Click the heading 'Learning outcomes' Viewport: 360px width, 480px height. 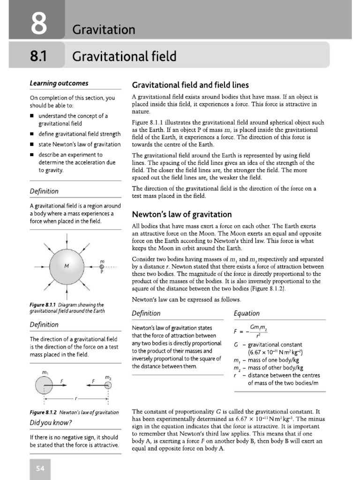click(x=59, y=83)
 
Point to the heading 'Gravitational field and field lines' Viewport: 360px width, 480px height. click(x=190, y=85)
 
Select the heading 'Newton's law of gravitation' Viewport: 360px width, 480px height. click(x=182, y=215)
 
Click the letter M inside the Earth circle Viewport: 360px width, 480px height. click(x=67, y=266)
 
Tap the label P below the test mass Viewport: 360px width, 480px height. click(x=102, y=272)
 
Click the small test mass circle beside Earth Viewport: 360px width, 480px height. click(x=102, y=266)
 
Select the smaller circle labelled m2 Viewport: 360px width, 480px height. click(x=108, y=385)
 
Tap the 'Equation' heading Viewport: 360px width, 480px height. click(x=246, y=314)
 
